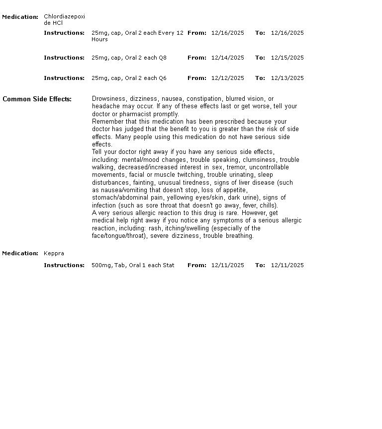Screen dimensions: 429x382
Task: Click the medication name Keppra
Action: click(x=54, y=253)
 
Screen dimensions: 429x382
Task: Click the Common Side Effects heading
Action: click(x=37, y=99)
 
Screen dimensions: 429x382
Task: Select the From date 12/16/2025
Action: click(x=227, y=33)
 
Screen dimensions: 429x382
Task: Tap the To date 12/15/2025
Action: click(x=287, y=58)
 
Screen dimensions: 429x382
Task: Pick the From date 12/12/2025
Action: click(x=227, y=78)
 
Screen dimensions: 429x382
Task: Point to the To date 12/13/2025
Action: click(x=287, y=78)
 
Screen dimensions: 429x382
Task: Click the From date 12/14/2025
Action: click(x=227, y=58)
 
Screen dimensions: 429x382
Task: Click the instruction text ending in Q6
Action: click(x=129, y=78)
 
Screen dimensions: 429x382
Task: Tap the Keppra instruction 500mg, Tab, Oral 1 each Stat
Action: click(x=133, y=265)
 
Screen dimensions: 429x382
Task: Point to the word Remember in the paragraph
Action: click(x=106, y=122)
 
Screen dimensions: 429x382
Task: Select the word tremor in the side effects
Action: click(x=236, y=167)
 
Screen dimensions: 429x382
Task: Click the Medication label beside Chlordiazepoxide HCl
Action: click(x=20, y=17)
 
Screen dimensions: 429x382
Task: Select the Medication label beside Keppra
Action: click(x=20, y=253)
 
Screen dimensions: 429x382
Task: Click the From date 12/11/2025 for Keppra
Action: click(x=227, y=265)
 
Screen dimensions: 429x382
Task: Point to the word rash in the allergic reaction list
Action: click(x=155, y=228)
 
